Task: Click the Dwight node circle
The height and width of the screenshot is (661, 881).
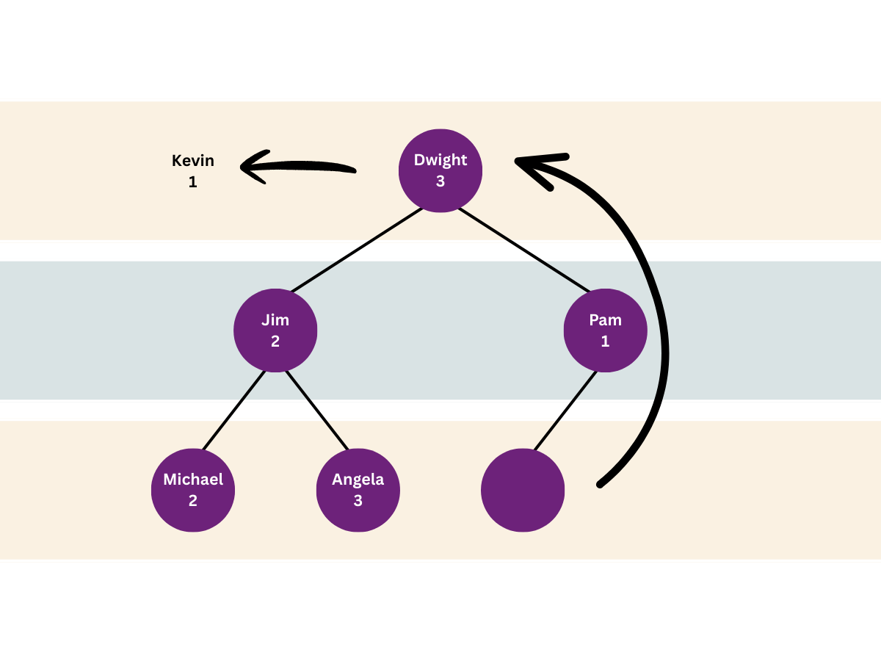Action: [440, 170]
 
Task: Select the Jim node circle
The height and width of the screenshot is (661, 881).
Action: [275, 330]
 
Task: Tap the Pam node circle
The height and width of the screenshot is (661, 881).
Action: [605, 330]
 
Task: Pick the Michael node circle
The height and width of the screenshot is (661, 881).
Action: [193, 490]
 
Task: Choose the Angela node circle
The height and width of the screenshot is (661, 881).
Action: [358, 490]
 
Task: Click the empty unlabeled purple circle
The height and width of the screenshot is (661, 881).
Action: [523, 490]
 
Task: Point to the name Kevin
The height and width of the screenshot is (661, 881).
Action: [193, 161]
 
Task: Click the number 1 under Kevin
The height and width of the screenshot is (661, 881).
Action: [192, 182]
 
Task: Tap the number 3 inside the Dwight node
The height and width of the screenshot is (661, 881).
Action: [440, 181]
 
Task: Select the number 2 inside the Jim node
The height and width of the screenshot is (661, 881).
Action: [275, 341]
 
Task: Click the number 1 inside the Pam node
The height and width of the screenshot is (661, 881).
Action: [605, 341]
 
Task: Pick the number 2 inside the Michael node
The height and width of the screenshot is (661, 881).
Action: [193, 500]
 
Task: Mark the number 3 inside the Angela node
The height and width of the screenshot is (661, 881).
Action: [358, 500]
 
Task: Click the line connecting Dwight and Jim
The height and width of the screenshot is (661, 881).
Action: [357, 250]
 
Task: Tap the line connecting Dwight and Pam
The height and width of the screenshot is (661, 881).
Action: [523, 250]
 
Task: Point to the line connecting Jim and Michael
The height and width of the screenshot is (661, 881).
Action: [234, 410]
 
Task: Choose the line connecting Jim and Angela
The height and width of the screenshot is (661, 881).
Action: [317, 410]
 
